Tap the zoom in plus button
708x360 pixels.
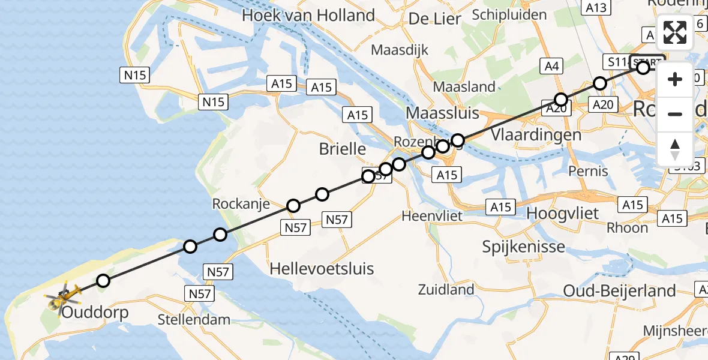pyautogui.click(x=675, y=79)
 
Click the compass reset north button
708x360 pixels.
pyautogui.click(x=675, y=149)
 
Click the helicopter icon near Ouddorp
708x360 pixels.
pyautogui.click(x=62, y=296)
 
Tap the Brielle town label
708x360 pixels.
pyautogui.click(x=343, y=148)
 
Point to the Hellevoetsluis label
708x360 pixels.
pyautogui.click(x=322, y=268)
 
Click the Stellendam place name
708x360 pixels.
pyautogui.click(x=194, y=319)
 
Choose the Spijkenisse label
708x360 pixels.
pyautogui.click(x=524, y=246)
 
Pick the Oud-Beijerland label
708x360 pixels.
pyautogui.click(x=619, y=291)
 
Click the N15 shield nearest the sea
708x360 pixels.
pyautogui.click(x=134, y=76)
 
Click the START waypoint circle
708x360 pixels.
pyautogui.click(x=643, y=68)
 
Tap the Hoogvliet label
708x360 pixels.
pyautogui.click(x=562, y=214)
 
